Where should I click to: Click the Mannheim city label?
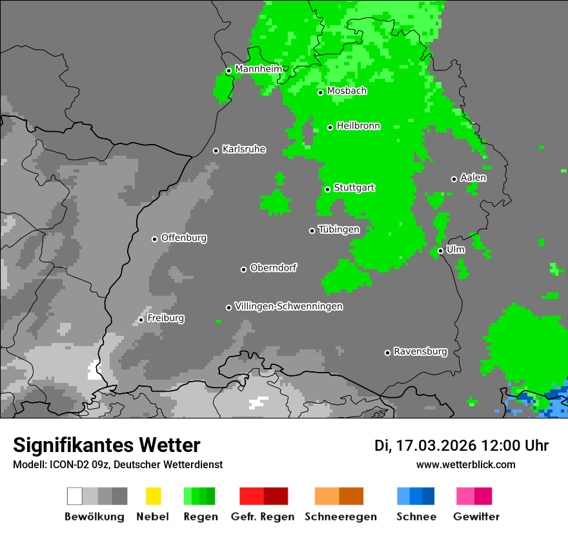pos(258,68)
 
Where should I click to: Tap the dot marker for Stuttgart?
pos(328,189)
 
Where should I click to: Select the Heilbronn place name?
pos(358,126)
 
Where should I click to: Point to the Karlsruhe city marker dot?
pos(216,150)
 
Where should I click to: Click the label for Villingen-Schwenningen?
pos(289,306)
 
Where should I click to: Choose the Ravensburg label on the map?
pos(420,351)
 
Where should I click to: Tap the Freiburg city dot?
pos(141,320)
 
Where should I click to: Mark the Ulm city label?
pos(455,249)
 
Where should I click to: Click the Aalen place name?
pos(473,178)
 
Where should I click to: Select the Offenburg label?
pos(183,238)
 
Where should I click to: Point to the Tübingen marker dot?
pos(312,231)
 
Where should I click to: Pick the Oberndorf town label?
pos(273,268)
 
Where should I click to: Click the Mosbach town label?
pos(347,91)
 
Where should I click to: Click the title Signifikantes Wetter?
pos(107,445)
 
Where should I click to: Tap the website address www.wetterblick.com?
pos(465,464)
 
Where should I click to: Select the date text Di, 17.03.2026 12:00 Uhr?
pos(462,446)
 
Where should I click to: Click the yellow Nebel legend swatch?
pos(153,496)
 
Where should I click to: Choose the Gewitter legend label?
pos(476,517)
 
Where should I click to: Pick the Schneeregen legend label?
pos(340,517)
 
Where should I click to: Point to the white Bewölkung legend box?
pos(75,496)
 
